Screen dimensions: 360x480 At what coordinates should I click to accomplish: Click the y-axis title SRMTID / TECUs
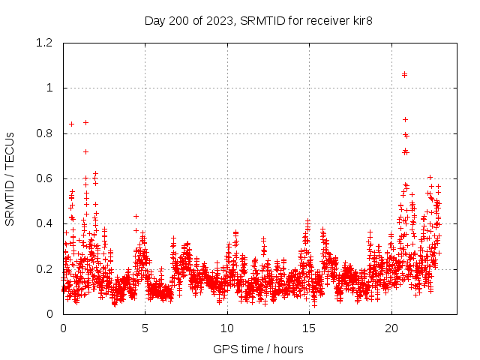click(10, 178)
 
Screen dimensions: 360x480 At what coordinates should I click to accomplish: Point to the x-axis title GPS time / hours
click(258, 349)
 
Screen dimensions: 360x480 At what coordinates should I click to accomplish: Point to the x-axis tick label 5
click(145, 328)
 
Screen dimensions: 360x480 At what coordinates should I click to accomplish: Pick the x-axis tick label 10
click(227, 328)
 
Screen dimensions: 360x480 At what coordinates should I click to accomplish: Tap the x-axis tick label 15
click(310, 328)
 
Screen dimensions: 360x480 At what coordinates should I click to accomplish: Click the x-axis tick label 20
click(391, 328)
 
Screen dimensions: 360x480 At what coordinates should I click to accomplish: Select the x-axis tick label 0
click(63, 328)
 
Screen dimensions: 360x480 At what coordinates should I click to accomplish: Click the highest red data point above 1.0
click(405, 74)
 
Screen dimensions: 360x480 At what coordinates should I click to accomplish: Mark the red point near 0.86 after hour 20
click(406, 119)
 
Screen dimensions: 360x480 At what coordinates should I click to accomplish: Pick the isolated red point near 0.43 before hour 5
click(136, 216)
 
